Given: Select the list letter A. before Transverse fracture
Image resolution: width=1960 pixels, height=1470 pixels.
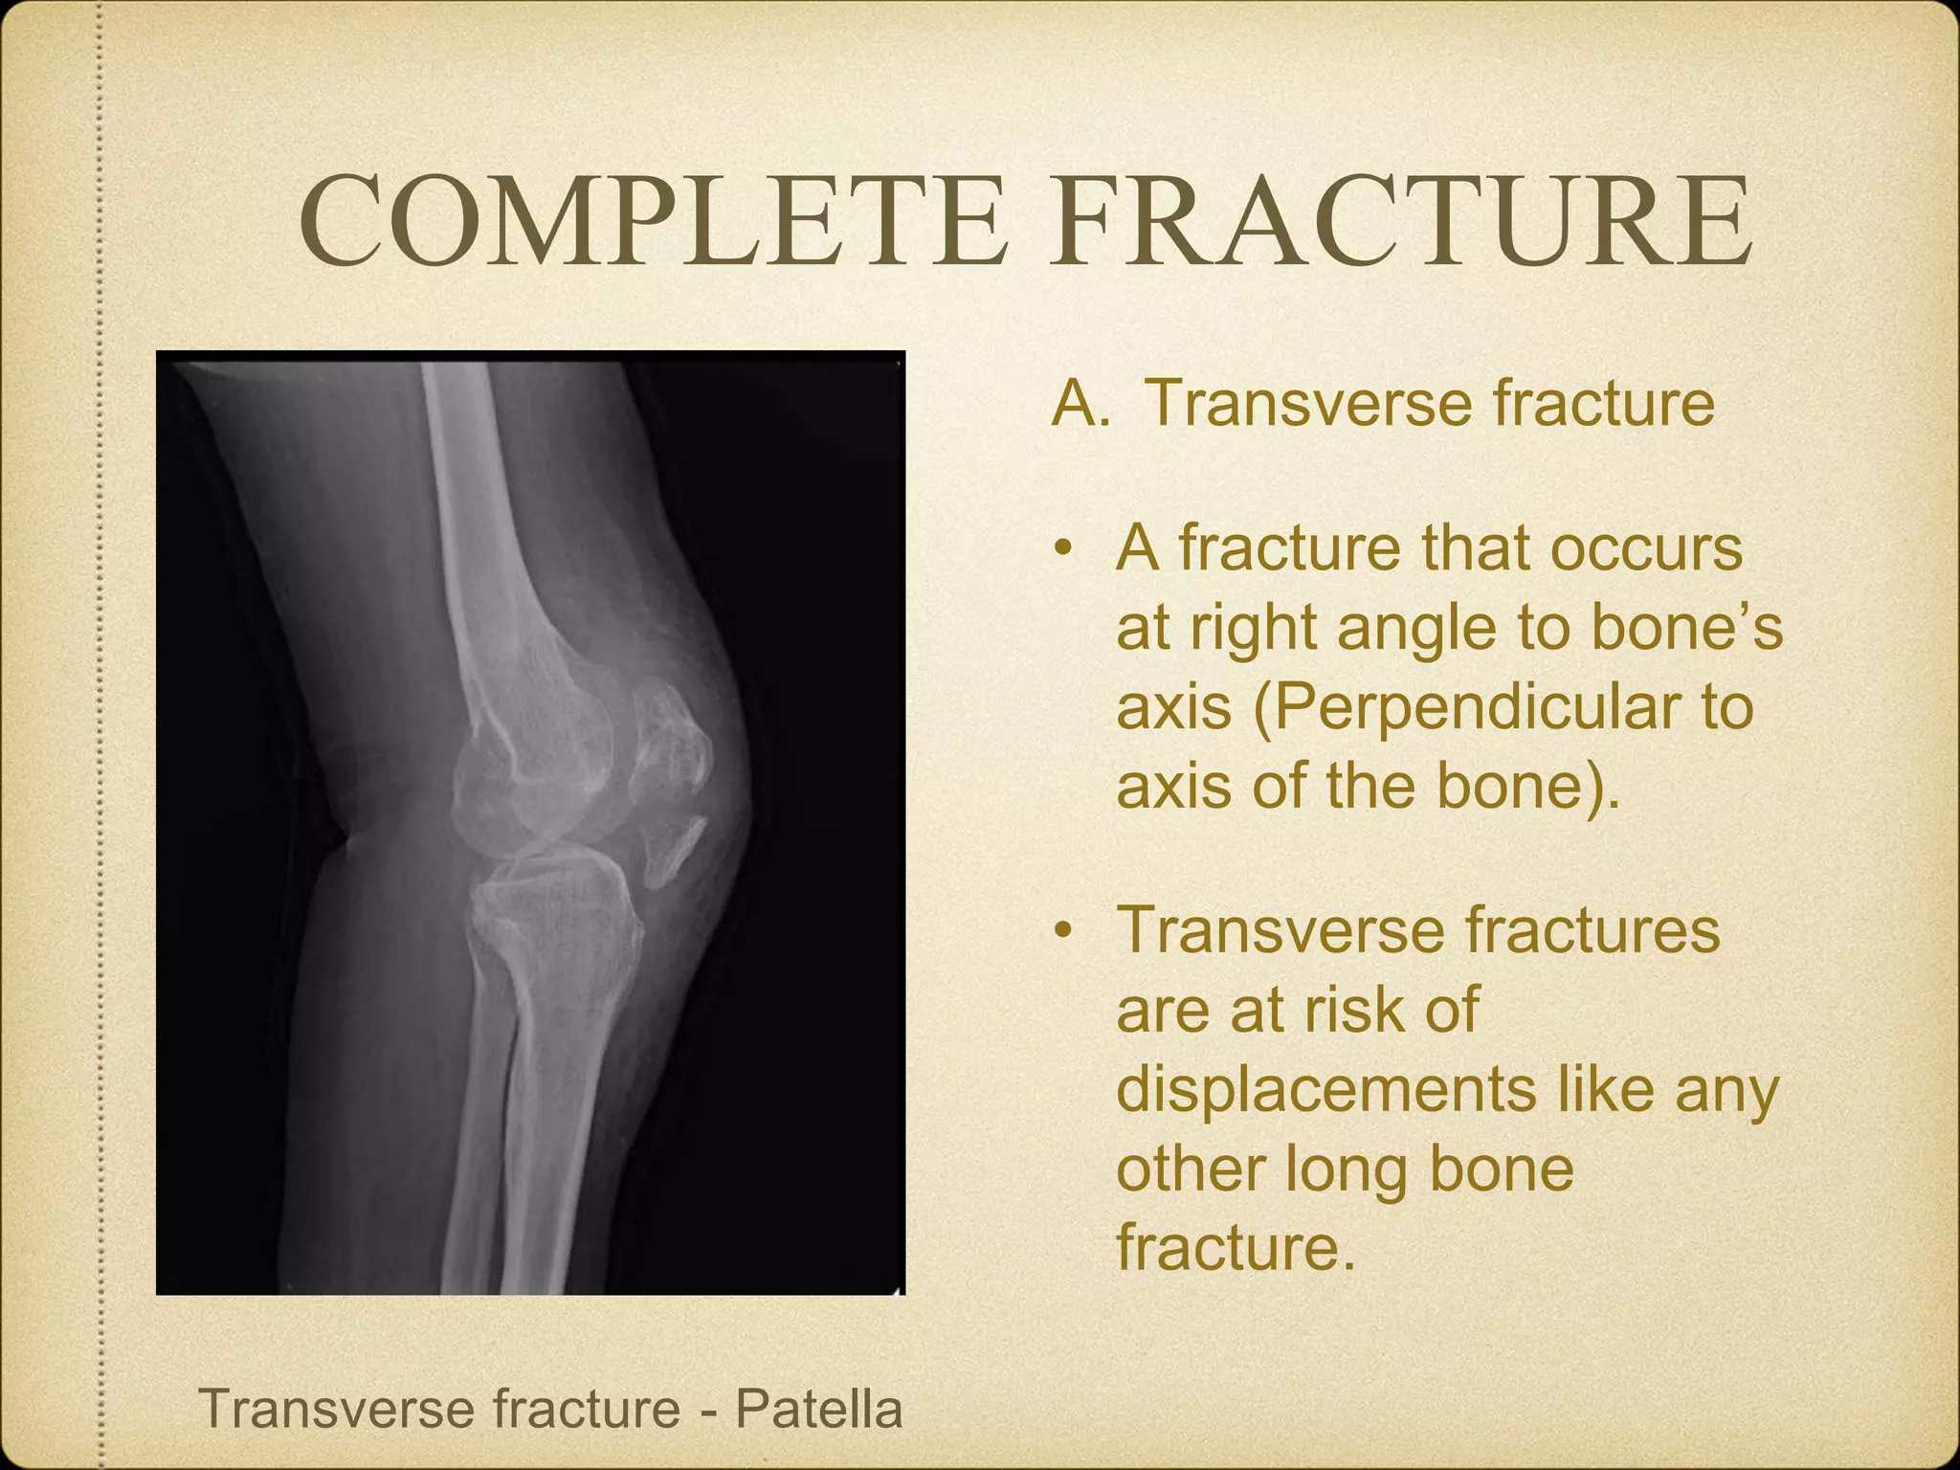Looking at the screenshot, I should click(1080, 403).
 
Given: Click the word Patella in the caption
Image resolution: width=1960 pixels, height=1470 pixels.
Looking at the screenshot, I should click(818, 1408).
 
